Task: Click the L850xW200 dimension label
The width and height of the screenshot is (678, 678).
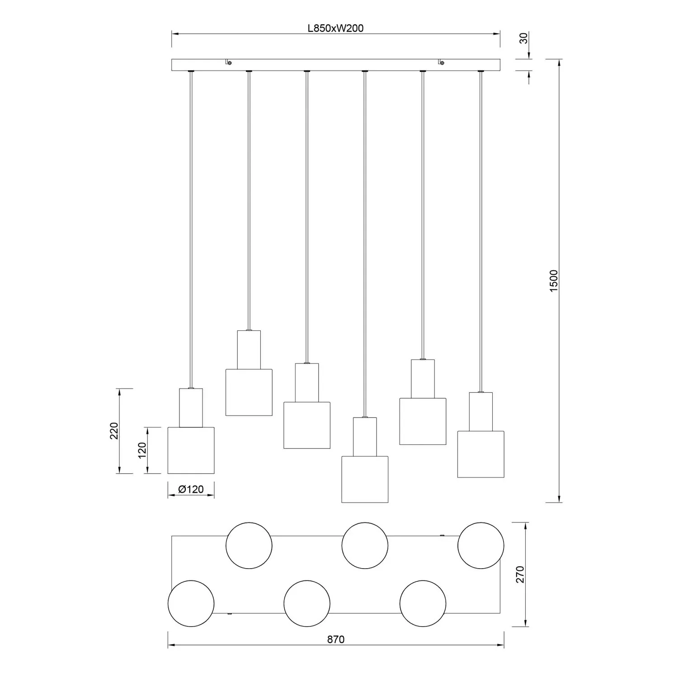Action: pyautogui.click(x=335, y=28)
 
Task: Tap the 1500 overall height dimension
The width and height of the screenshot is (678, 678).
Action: pyautogui.click(x=554, y=280)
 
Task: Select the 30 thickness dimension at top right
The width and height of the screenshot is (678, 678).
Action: pyautogui.click(x=523, y=38)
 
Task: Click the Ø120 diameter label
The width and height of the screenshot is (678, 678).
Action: pyautogui.click(x=191, y=489)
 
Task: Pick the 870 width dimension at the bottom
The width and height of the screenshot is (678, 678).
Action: pyautogui.click(x=336, y=639)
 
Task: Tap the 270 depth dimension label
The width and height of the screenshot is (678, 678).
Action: pyautogui.click(x=520, y=574)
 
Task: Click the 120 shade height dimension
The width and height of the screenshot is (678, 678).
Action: pyautogui.click(x=142, y=450)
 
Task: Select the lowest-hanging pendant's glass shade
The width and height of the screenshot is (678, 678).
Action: pyautogui.click(x=365, y=479)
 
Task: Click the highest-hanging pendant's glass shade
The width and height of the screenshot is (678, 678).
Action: pyautogui.click(x=249, y=392)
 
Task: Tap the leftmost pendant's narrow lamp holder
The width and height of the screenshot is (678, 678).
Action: pyautogui.click(x=191, y=408)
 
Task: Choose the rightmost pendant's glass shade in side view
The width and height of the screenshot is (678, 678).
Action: pyautogui.click(x=481, y=454)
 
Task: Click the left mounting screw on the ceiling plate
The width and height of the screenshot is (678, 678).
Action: pyautogui.click(x=230, y=63)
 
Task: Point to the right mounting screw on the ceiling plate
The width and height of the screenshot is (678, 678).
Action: pyautogui.click(x=442, y=63)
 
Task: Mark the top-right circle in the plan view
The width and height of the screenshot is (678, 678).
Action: pyautogui.click(x=481, y=546)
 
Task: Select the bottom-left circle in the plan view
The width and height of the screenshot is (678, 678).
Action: pyautogui.click(x=191, y=603)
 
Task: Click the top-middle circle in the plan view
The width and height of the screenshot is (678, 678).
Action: pyautogui.click(x=365, y=546)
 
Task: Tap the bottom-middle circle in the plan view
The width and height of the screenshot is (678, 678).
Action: pyautogui.click(x=307, y=603)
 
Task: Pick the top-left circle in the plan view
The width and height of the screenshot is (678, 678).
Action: pyautogui.click(x=249, y=546)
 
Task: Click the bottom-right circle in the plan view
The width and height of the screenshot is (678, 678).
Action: pyautogui.click(x=423, y=603)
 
